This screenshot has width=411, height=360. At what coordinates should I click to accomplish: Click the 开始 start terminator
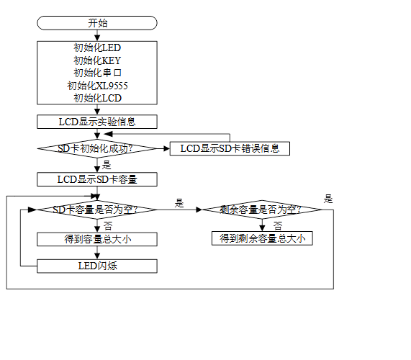(97, 23)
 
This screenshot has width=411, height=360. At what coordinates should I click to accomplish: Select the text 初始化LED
(97, 48)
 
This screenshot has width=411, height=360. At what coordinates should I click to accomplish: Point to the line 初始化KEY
(97, 60)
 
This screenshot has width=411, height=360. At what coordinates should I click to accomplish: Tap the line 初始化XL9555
(97, 86)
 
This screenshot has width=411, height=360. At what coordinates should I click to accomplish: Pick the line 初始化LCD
(97, 98)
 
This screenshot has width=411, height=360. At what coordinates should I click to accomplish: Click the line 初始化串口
(97, 73)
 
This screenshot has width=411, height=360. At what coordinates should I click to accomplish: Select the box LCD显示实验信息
(97, 122)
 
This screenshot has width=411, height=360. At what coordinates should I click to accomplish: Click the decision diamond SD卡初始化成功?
(97, 148)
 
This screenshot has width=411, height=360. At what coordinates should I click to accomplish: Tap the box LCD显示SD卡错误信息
(230, 148)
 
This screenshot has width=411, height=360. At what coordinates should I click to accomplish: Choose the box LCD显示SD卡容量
(97, 179)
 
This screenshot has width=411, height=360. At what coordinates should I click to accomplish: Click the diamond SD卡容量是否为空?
(97, 210)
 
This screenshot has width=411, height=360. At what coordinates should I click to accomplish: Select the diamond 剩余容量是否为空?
(262, 210)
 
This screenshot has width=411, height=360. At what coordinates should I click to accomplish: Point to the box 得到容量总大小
(97, 239)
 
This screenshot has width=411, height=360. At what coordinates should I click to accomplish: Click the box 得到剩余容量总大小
(262, 238)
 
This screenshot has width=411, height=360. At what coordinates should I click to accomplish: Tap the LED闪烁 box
(97, 266)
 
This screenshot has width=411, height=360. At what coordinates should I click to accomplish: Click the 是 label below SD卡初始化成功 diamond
(107, 165)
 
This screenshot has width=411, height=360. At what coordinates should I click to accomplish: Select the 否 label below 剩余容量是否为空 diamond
(278, 225)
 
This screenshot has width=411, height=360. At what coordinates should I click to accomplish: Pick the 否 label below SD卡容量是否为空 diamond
(108, 225)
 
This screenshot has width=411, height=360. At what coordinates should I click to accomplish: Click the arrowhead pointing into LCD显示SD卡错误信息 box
(167, 148)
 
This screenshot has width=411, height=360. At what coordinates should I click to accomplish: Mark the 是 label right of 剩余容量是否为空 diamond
(328, 199)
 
